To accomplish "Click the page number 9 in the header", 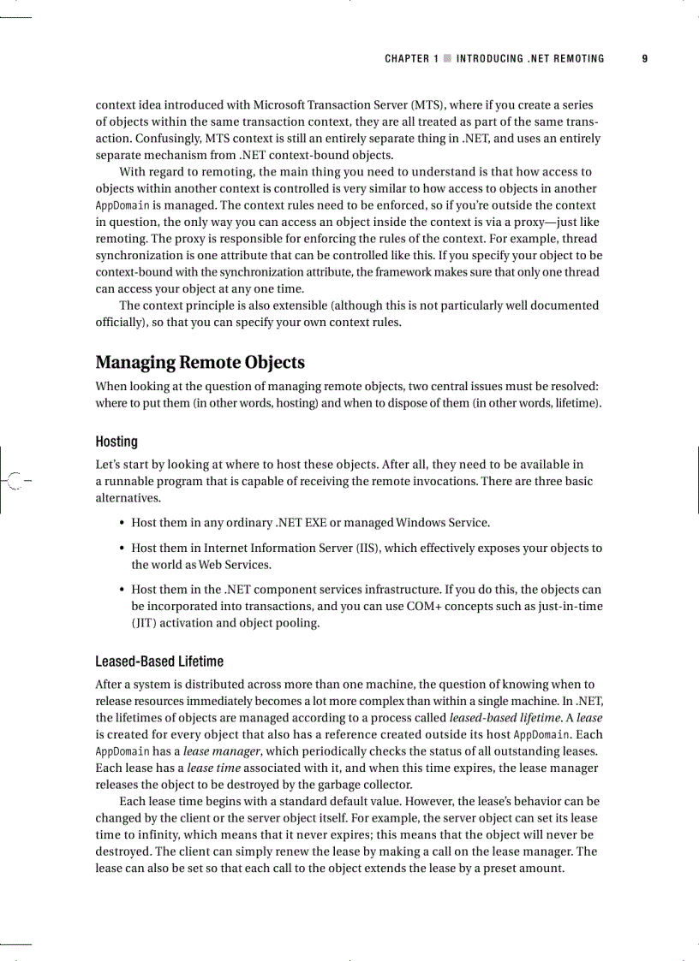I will coord(644,59).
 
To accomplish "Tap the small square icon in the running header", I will coord(447,59).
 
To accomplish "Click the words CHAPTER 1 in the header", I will coord(411,59).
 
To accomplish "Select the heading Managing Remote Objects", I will coord(200,363).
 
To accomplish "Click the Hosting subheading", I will coord(116,442).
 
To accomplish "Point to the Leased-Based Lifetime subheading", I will coord(159,661).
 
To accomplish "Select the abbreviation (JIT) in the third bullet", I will coord(143,623).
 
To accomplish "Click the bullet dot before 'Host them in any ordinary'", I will coord(122,523).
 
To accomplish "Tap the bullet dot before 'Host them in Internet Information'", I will coord(122,549).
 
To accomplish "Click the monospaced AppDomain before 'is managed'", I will coord(122,206).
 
